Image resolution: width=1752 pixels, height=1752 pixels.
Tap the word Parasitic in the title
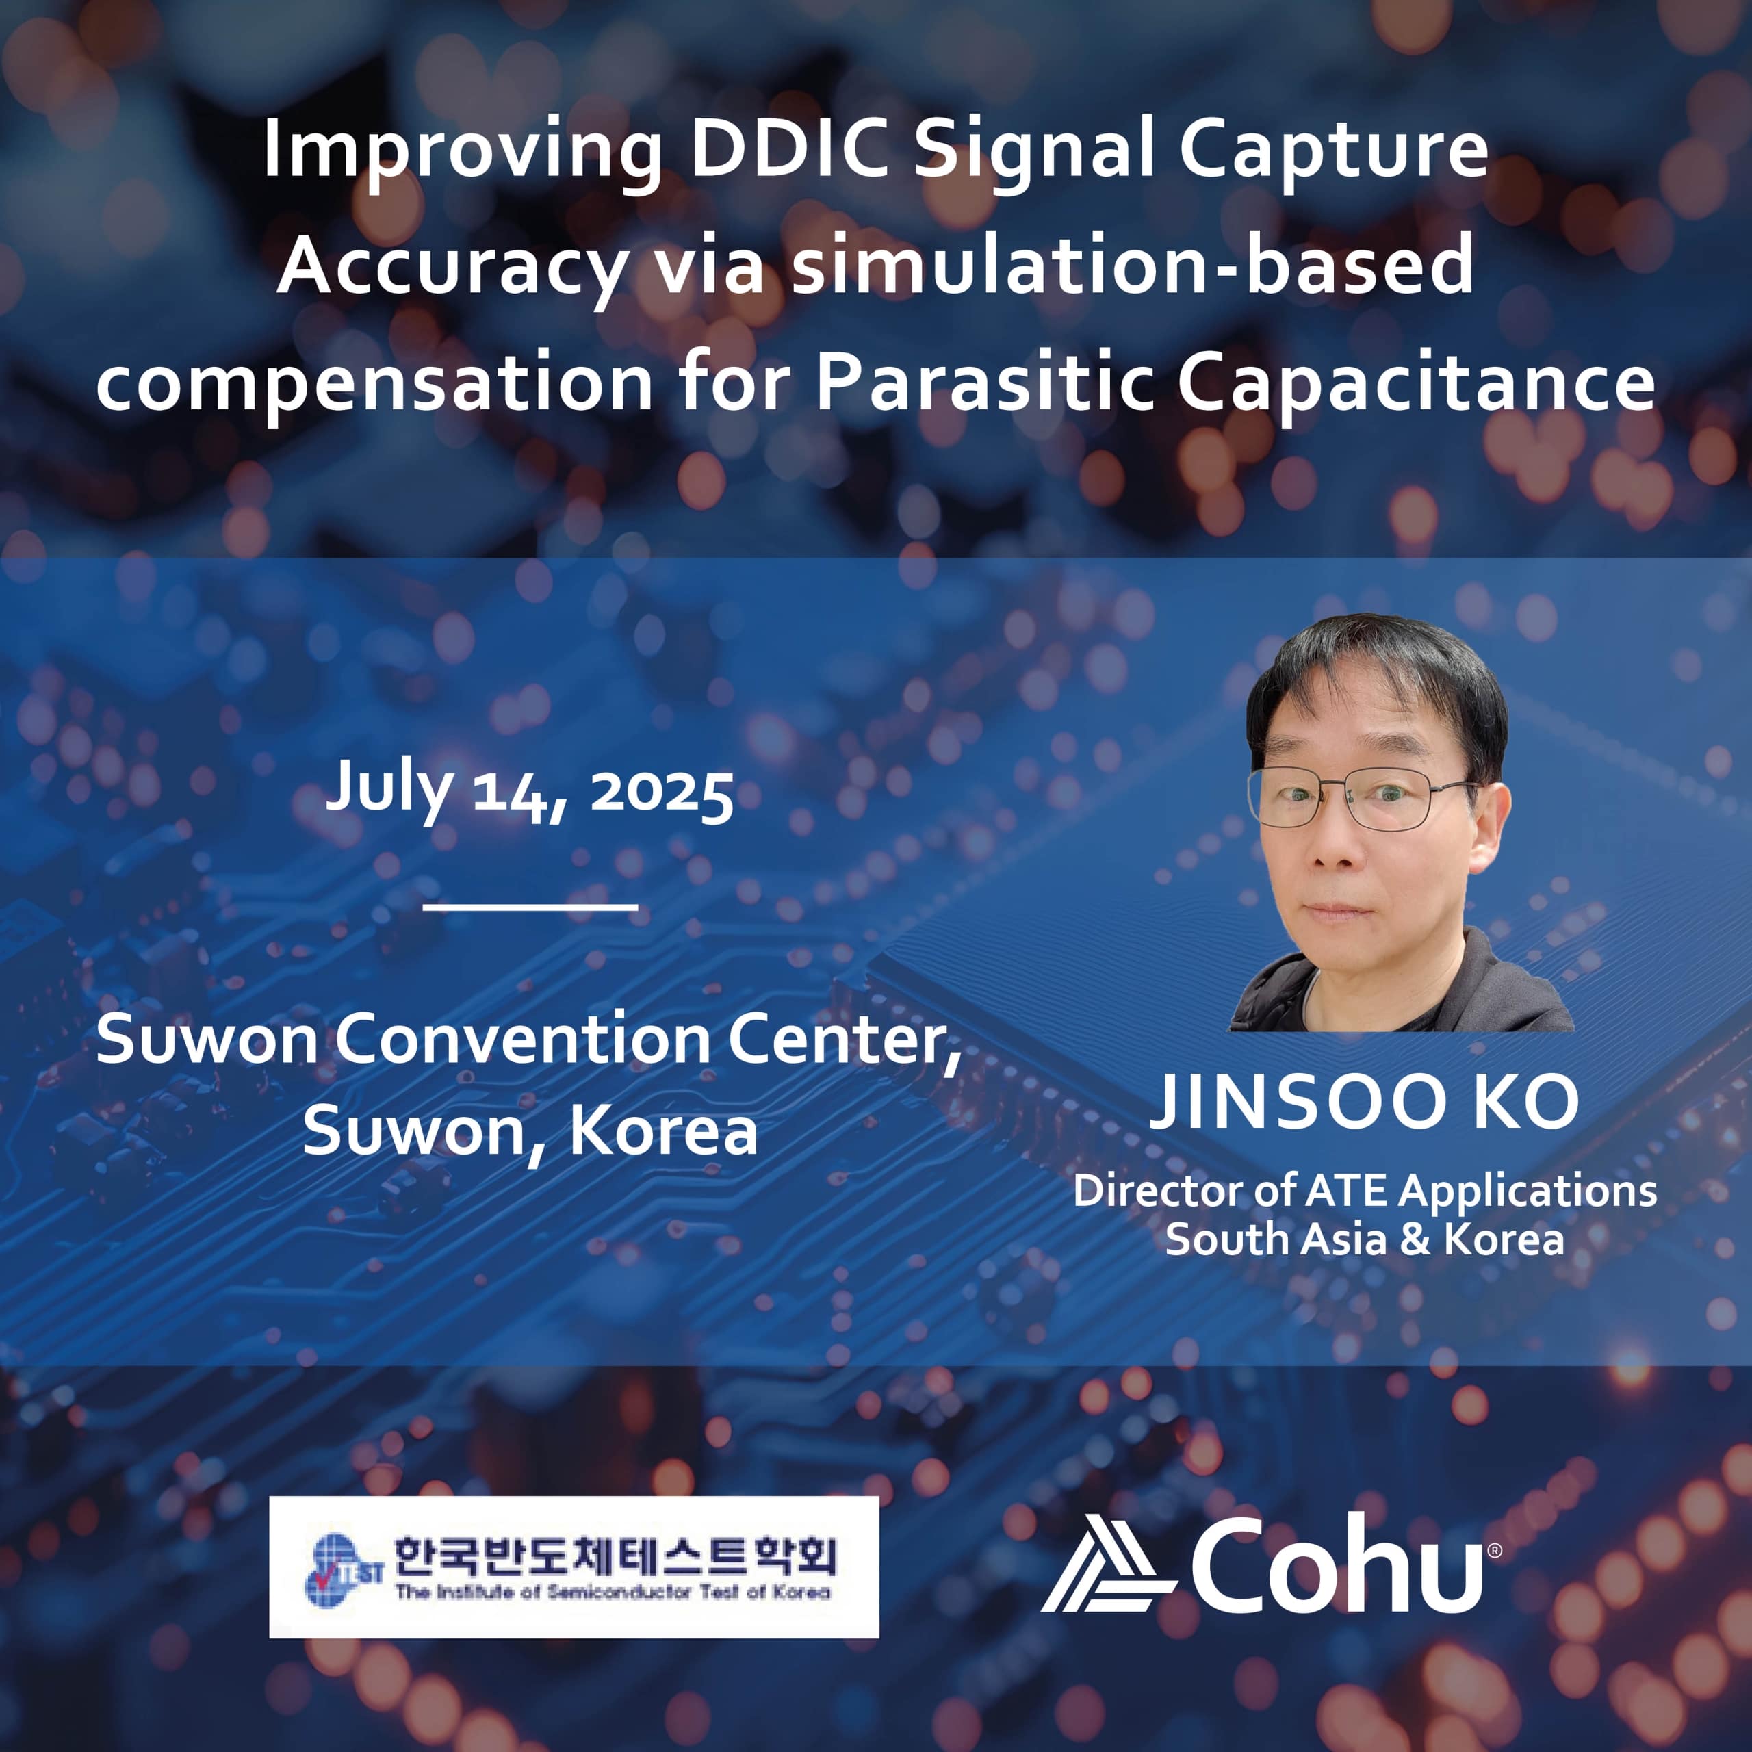[984, 382]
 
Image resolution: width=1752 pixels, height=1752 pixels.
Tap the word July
[388, 789]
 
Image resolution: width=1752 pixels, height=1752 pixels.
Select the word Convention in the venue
[530, 1040]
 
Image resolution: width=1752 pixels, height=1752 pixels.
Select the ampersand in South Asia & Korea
[1414, 1239]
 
